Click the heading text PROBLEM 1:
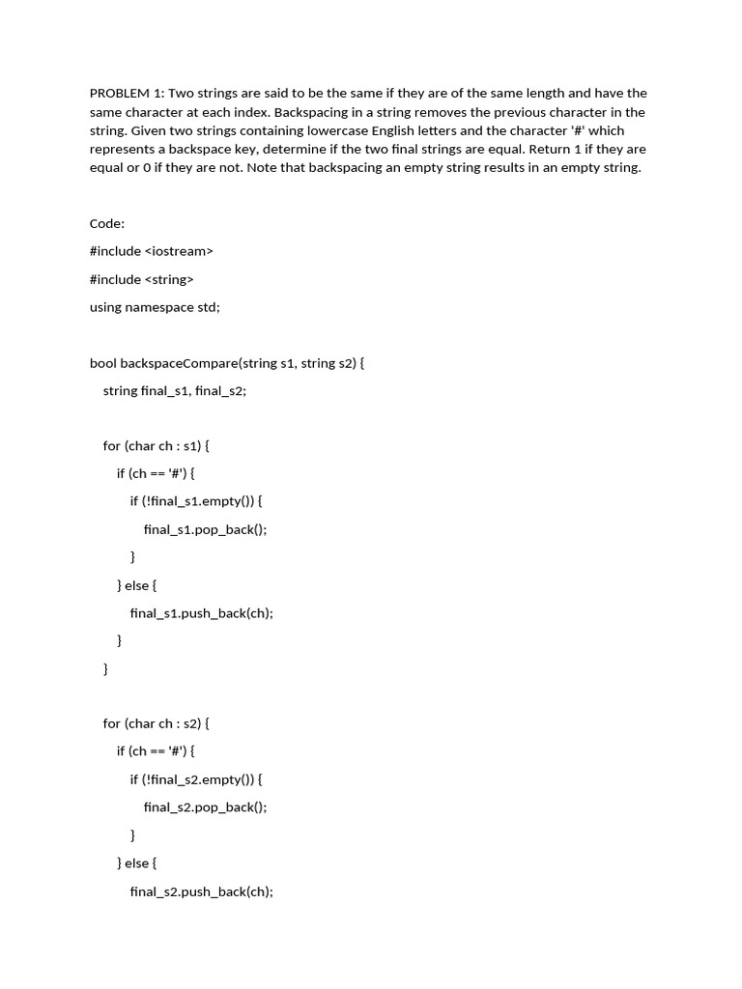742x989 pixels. pyautogui.click(x=126, y=94)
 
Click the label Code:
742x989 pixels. pyautogui.click(x=107, y=223)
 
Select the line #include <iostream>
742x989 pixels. pyautogui.click(x=151, y=251)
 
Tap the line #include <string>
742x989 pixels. pyautogui.click(x=141, y=279)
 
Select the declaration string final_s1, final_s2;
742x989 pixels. pyautogui.click(x=175, y=391)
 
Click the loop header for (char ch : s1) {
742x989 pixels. pyautogui.click(x=156, y=446)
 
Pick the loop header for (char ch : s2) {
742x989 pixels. pyautogui.click(x=156, y=723)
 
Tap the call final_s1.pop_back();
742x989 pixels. pyautogui.click(x=205, y=529)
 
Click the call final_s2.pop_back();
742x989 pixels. pyautogui.click(x=205, y=806)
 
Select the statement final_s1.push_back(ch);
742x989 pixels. pyautogui.click(x=201, y=612)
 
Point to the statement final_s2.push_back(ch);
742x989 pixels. pyautogui.click(x=201, y=890)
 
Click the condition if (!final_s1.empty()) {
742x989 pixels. pyautogui.click(x=196, y=501)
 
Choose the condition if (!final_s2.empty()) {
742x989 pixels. pyautogui.click(x=196, y=778)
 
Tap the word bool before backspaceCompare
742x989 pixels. pyautogui.click(x=103, y=363)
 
